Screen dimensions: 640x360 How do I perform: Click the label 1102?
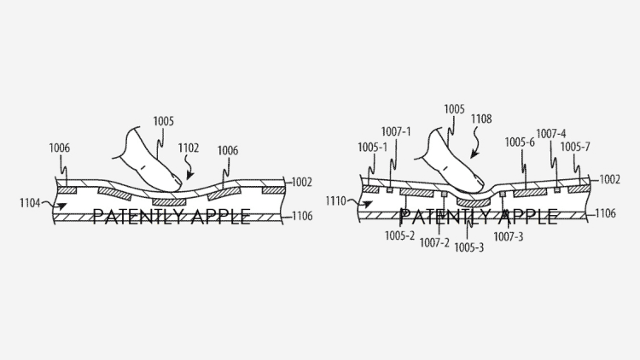(x=189, y=148)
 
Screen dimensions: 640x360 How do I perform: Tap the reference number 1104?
(x=30, y=202)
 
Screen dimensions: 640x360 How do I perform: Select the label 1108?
(x=481, y=119)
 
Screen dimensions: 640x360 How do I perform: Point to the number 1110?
(x=335, y=200)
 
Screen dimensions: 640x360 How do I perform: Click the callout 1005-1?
(x=372, y=148)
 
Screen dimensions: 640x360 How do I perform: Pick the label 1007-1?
(x=396, y=132)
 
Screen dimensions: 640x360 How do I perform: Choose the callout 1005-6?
(x=520, y=142)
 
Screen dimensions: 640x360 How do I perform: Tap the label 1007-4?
(x=551, y=134)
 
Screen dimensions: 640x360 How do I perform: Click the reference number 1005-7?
(x=575, y=147)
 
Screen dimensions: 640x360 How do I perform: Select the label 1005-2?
(x=399, y=235)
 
